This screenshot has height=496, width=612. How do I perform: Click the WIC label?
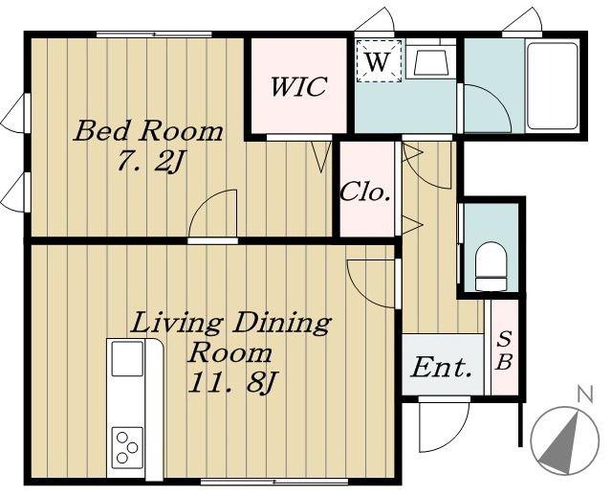point(298,87)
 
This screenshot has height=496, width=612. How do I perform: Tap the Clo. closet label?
point(365,192)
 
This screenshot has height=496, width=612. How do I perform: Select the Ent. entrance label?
point(441,368)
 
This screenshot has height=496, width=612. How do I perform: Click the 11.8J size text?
point(232,382)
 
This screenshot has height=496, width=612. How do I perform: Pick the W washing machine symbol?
point(379,61)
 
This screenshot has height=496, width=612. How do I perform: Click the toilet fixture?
point(491,266)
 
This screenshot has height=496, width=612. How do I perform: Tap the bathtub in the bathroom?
point(553,86)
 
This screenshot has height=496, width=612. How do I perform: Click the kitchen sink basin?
point(127,359)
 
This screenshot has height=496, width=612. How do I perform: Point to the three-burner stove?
point(127,448)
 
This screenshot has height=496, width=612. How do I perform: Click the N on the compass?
point(585,395)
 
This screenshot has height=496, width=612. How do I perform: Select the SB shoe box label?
point(504,349)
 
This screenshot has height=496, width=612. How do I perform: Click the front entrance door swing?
point(444,425)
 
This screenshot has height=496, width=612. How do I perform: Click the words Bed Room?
point(148,131)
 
